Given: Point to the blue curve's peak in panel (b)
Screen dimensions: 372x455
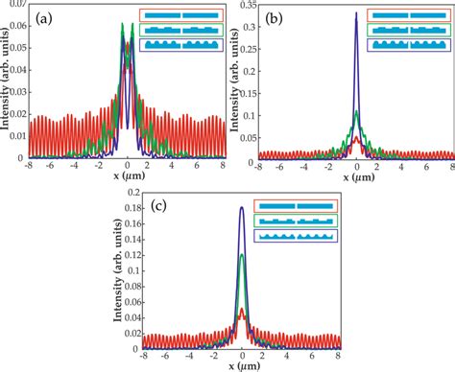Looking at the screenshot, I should (356, 13).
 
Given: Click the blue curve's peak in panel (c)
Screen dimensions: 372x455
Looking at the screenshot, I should (241, 207).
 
